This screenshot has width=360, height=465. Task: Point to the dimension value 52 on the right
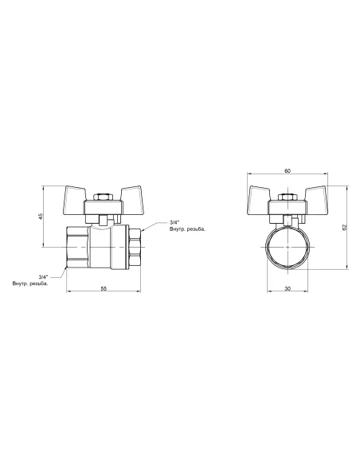tap(344, 227)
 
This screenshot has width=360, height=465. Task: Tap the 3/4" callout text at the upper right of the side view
tap(174, 221)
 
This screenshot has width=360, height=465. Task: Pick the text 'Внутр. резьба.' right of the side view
tap(187, 229)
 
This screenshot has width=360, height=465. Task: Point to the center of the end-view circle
tap(287, 246)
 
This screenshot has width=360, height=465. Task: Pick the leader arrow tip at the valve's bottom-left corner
tap(65, 269)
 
